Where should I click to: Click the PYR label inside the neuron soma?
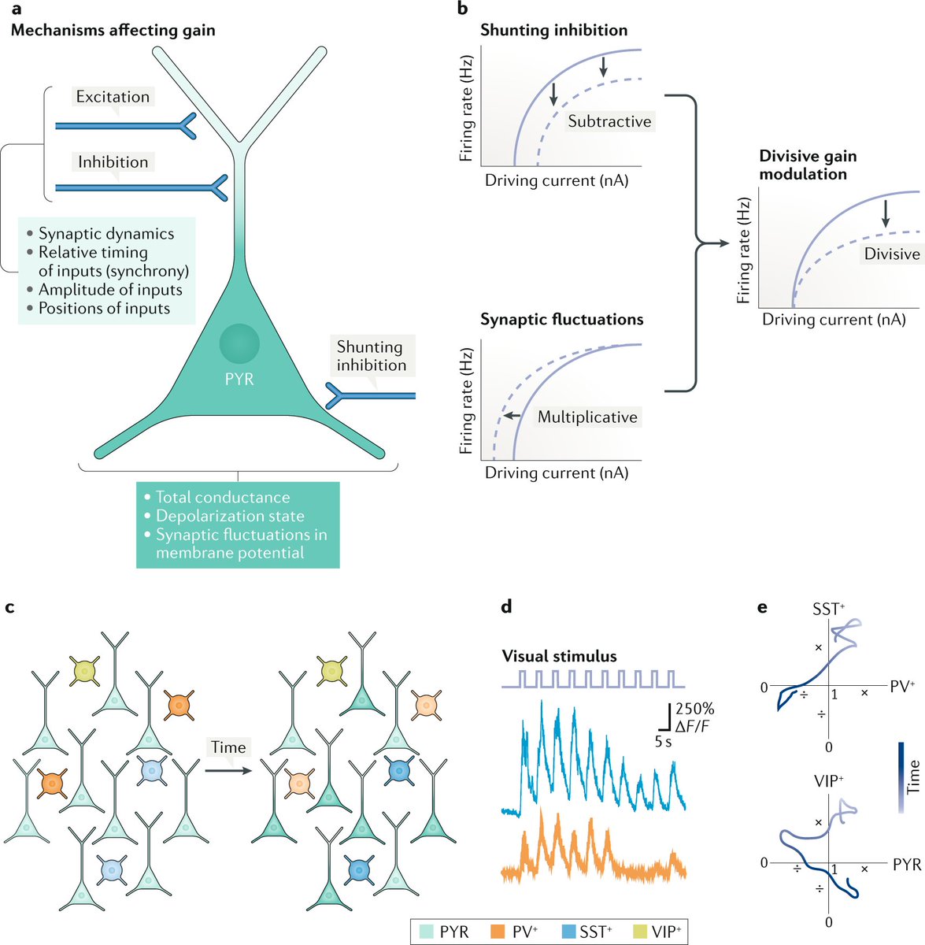[x=239, y=379]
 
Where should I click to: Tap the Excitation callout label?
[x=113, y=97]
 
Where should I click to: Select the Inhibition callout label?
[x=113, y=162]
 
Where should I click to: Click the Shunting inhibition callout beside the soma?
[x=371, y=356]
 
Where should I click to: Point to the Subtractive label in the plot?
[x=609, y=121]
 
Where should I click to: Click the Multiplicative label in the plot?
[x=587, y=417]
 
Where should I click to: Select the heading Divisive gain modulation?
[x=808, y=165]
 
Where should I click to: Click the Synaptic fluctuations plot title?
[x=561, y=320]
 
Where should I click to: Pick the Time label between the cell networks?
[x=228, y=747]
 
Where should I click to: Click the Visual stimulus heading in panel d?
[x=559, y=656]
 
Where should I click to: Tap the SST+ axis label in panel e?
[x=830, y=610]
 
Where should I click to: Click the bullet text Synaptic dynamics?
[x=106, y=234]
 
